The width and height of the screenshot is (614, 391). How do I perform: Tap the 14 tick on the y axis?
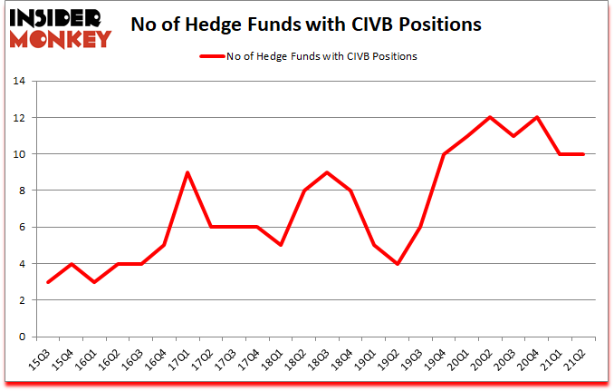click(19, 81)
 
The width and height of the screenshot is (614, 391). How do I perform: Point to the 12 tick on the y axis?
click(19, 118)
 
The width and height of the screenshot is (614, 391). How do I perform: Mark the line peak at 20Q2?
click(490, 118)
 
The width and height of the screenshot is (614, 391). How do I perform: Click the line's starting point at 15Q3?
click(48, 282)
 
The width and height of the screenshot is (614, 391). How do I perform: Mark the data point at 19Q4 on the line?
click(443, 154)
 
